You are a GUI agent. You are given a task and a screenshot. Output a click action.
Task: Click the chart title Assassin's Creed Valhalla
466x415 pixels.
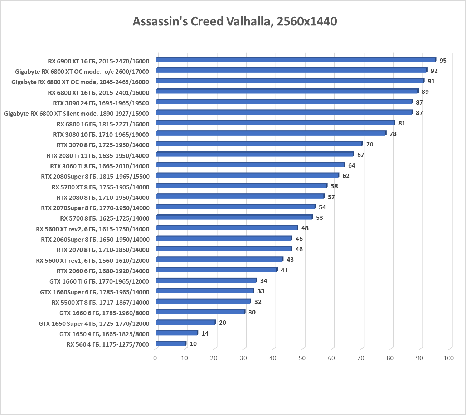coord(234,21)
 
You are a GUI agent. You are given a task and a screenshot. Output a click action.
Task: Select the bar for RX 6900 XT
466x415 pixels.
coord(296,60)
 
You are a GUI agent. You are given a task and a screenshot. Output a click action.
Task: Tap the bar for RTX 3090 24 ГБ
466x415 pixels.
coord(284,102)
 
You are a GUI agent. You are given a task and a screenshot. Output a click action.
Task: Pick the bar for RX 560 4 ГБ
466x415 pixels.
coord(171,343)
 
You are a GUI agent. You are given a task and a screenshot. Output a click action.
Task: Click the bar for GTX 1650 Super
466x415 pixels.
coord(185,322)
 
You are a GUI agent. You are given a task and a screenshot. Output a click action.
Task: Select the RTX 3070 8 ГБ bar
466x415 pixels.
coord(259,144)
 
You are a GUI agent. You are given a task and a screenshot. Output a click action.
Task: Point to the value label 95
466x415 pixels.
coord(443,61)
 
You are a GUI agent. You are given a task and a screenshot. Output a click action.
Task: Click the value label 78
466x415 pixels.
coord(393,134)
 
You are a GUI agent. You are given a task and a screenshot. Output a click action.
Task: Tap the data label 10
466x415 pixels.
coord(193,344)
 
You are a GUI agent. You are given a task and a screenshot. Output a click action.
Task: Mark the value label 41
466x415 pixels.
coord(284,270)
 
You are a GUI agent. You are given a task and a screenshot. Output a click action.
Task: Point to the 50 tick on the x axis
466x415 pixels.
coord(302,358)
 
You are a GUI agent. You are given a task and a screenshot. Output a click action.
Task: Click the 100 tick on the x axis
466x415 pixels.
coord(448,358)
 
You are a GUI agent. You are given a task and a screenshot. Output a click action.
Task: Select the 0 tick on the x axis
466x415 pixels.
coord(155,358)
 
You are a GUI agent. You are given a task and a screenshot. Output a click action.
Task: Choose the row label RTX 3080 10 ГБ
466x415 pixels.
coord(101,135)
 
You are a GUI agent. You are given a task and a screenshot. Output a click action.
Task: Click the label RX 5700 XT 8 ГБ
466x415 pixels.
coord(100,187)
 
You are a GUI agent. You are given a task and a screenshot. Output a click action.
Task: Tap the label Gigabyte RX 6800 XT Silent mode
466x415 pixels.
coord(77,114)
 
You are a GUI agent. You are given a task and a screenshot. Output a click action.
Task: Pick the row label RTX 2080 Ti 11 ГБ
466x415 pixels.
coord(98,155)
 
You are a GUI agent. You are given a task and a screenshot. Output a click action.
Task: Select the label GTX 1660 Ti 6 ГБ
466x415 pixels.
coord(99,281)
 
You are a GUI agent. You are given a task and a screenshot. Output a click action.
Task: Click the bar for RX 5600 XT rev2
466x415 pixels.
coord(227,228)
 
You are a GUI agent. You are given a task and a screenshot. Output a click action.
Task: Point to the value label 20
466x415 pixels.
coord(222,323)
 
